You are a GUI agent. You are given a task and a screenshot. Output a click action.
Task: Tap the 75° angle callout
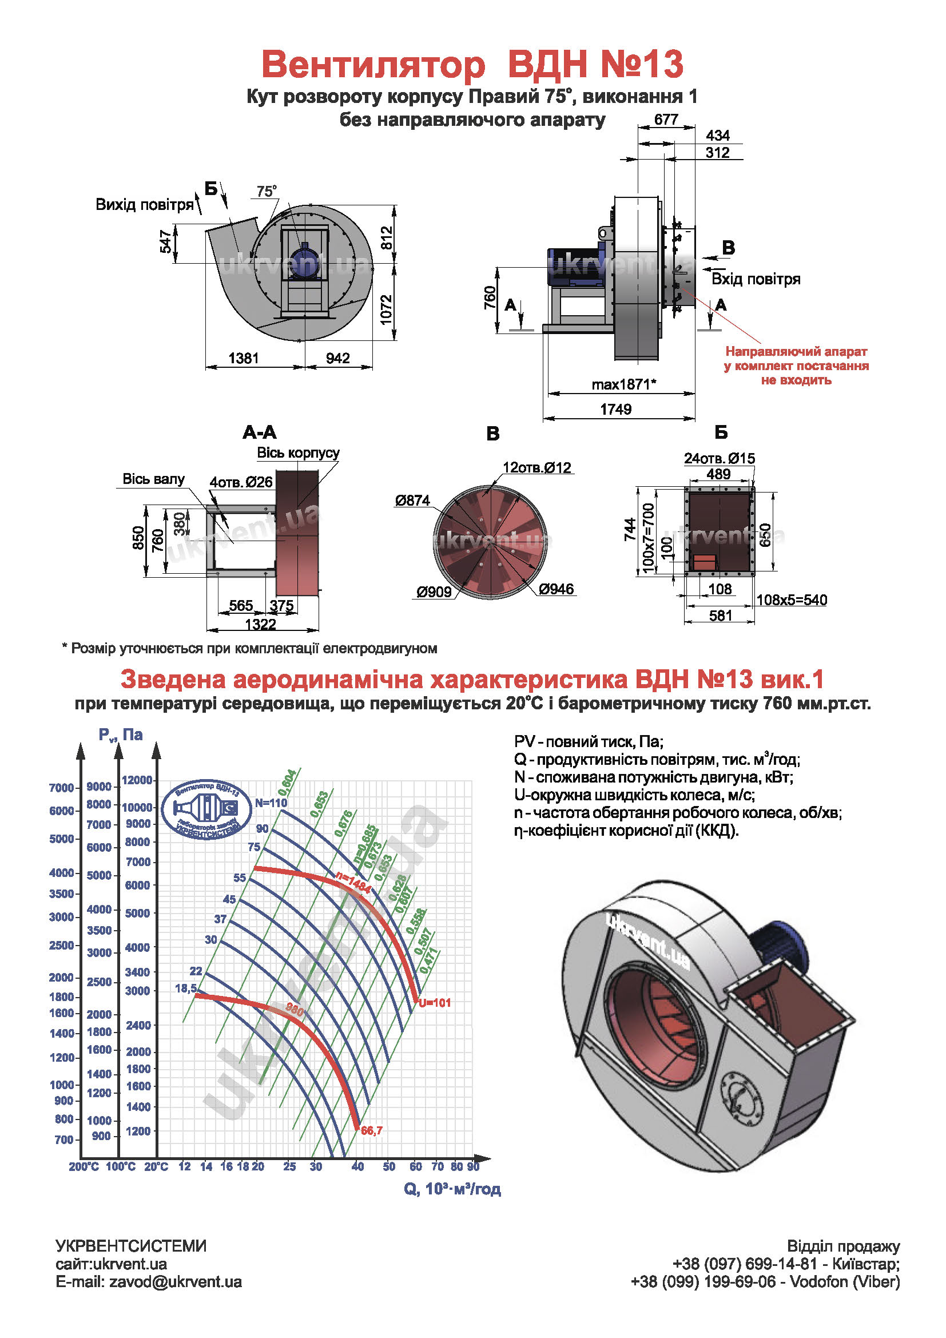pyautogui.click(x=266, y=191)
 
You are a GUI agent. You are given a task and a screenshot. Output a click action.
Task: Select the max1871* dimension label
pyautogui.click(x=624, y=384)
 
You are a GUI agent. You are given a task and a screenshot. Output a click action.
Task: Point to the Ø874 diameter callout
pyautogui.click(x=412, y=501)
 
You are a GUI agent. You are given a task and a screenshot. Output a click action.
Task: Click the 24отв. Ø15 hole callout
pyautogui.click(x=719, y=459)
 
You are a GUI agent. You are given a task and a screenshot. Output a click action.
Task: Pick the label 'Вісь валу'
pyautogui.click(x=153, y=479)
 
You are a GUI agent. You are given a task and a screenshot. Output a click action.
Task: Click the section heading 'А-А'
pyautogui.click(x=260, y=432)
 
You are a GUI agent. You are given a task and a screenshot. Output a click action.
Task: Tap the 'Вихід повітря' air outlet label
pyautogui.click(x=145, y=205)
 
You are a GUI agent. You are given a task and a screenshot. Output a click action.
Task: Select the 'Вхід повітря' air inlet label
pyautogui.click(x=756, y=279)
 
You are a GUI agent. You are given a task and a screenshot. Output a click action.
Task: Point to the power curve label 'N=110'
pyautogui.click(x=271, y=803)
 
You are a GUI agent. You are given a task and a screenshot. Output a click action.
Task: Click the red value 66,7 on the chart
pyautogui.click(x=372, y=1130)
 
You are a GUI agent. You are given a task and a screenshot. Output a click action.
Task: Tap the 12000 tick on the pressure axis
pyautogui.click(x=137, y=780)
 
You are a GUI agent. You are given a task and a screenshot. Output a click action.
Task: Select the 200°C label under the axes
pyautogui.click(x=84, y=1166)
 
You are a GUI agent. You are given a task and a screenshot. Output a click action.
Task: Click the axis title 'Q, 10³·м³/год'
pyautogui.click(x=452, y=1189)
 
